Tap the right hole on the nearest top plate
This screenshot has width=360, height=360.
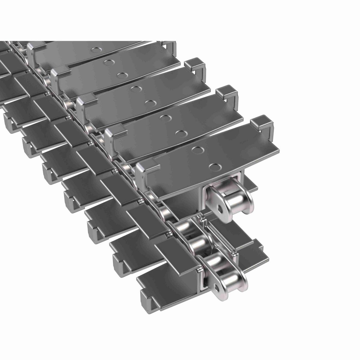[x=214, y=166]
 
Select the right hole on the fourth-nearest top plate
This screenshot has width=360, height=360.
[x=121, y=75]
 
